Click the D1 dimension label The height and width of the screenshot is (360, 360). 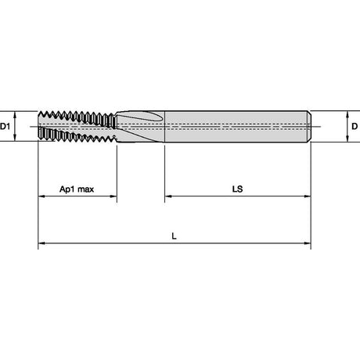tap(5, 127)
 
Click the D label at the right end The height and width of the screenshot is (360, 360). tap(355, 127)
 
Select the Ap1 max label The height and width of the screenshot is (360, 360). tap(77, 189)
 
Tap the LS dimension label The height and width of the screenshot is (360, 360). tap(237, 189)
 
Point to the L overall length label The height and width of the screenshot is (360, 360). tap(174, 236)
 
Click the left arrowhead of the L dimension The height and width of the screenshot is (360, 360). tap(41, 243)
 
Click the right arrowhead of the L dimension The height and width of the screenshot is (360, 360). tap(308, 243)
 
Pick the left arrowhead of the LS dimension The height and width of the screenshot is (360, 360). tap(168, 196)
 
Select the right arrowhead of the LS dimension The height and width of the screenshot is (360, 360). tap(308, 196)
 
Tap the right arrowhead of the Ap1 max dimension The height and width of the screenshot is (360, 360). tap(113, 196)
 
